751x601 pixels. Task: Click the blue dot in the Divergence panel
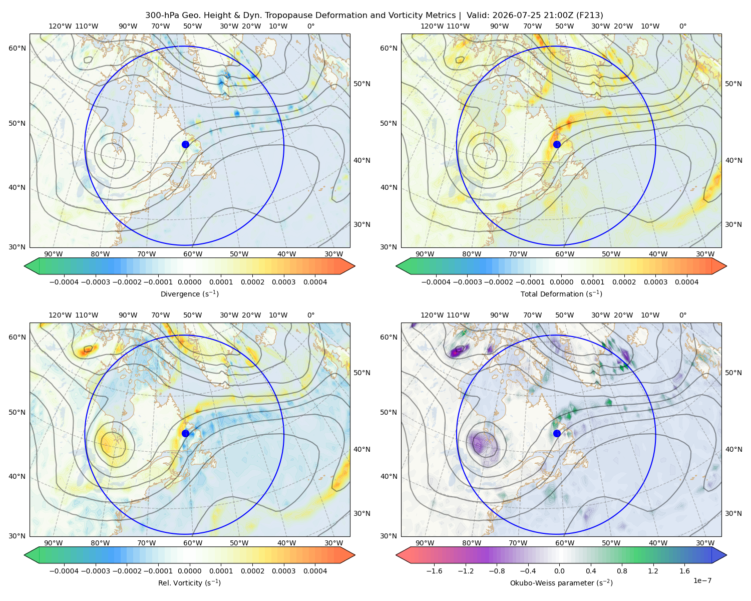point(185,145)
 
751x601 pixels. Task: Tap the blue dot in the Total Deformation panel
point(557,145)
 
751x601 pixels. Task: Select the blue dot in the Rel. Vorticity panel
point(185,433)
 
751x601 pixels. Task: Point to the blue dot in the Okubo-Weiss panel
point(557,433)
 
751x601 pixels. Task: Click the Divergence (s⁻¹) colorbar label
point(189,294)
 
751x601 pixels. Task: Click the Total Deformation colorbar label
point(561,294)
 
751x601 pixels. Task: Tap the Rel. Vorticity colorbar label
point(189,583)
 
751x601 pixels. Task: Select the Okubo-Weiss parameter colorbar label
point(561,583)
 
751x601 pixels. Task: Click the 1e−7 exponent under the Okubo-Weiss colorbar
point(702,580)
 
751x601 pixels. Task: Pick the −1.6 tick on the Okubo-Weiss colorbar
point(435,571)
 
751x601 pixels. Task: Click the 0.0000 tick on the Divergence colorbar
point(189,282)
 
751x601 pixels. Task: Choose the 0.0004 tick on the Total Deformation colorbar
point(686,282)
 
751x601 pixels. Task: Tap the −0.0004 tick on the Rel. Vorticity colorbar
point(64,571)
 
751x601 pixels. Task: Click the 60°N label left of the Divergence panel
point(17,48)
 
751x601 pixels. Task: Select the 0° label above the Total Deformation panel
point(682,26)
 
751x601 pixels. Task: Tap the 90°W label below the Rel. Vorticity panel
point(54,543)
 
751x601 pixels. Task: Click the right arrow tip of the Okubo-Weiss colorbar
point(726,555)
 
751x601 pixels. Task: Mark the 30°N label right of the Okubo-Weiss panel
point(733,513)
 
